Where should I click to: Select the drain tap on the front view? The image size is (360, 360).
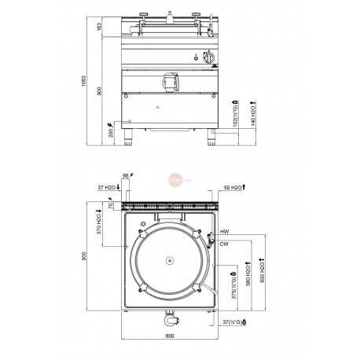pyautogui.click(x=167, y=81)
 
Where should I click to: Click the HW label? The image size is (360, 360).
pyautogui.click(x=224, y=233)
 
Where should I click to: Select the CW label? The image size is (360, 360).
pyautogui.click(x=224, y=244)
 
